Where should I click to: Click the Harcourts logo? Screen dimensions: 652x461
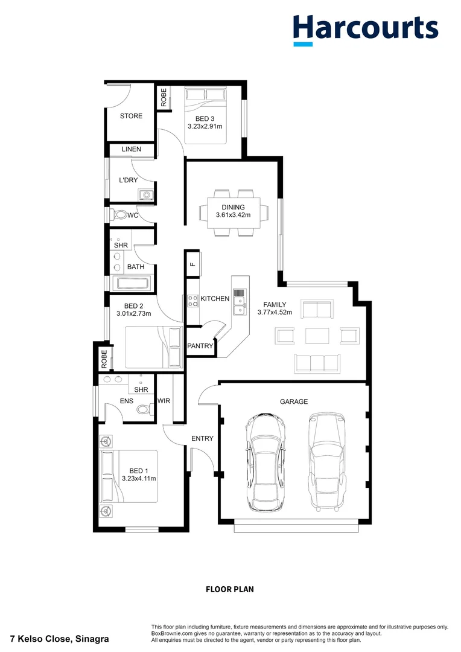click(x=366, y=28)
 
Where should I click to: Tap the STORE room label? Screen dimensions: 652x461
click(x=131, y=116)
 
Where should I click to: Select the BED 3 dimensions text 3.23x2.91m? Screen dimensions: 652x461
click(x=205, y=127)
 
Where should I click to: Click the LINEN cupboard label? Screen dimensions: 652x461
click(x=131, y=149)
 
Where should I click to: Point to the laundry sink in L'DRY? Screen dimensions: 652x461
click(x=146, y=194)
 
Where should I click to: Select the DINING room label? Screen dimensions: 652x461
click(x=233, y=207)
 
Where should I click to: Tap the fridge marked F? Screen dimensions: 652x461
click(x=192, y=264)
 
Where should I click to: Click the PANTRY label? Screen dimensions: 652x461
click(x=200, y=346)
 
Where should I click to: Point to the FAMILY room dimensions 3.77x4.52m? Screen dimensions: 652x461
click(x=275, y=312)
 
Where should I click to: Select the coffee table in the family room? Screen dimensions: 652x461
click(x=316, y=335)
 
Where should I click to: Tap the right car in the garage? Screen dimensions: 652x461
click(x=326, y=461)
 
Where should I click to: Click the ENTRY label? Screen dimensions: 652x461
click(x=202, y=438)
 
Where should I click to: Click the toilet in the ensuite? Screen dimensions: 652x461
click(x=142, y=409)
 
